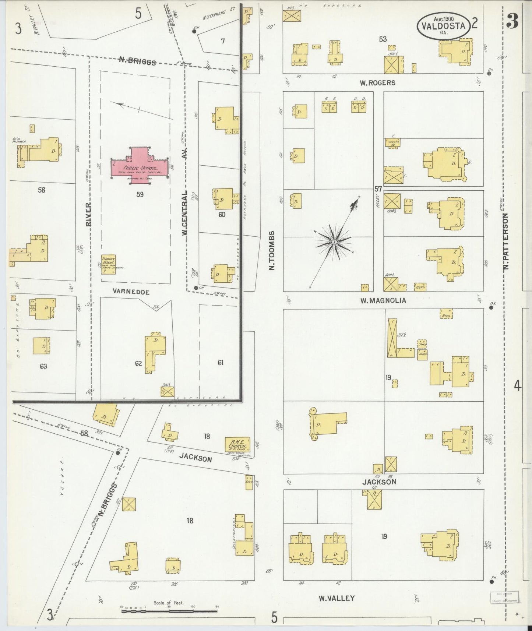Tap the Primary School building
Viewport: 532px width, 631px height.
109,264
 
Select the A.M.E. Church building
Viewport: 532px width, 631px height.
237,445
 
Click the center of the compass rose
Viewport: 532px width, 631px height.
334,242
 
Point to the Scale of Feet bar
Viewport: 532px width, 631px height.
170,611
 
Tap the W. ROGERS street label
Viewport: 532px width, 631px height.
377,83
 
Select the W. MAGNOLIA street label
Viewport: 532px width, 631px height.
383,300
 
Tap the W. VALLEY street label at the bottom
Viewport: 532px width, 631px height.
337,598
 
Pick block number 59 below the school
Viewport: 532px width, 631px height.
140,194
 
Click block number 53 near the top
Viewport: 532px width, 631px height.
383,39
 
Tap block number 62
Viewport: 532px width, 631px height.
138,363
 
